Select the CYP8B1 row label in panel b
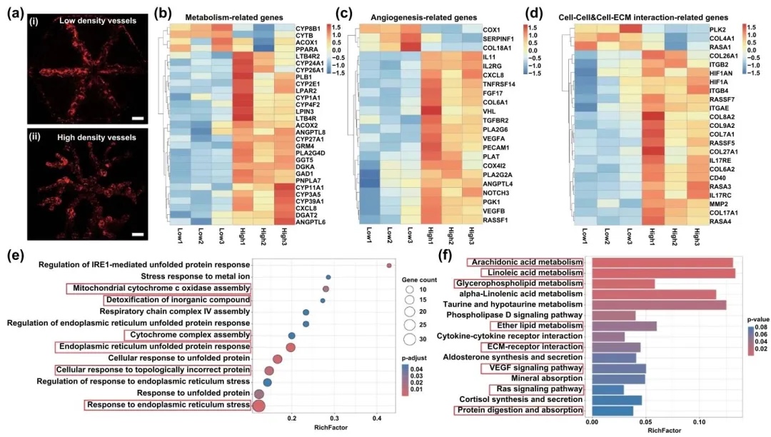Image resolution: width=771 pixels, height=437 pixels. click(x=306, y=27)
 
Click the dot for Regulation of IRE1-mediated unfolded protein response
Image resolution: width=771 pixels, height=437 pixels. click(x=389, y=266)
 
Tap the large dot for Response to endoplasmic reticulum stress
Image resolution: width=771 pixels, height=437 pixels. click(x=259, y=406)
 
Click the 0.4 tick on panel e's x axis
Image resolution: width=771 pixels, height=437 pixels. click(x=378, y=417)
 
